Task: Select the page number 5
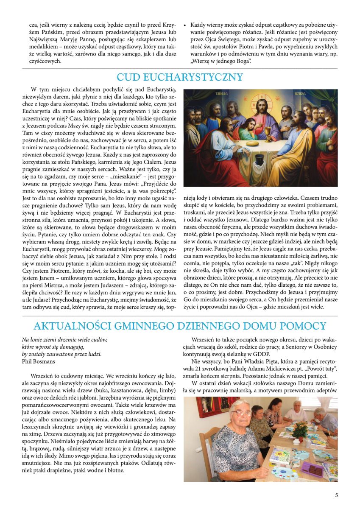coord(336,495)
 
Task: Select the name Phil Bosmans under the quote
coord(39,361)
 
